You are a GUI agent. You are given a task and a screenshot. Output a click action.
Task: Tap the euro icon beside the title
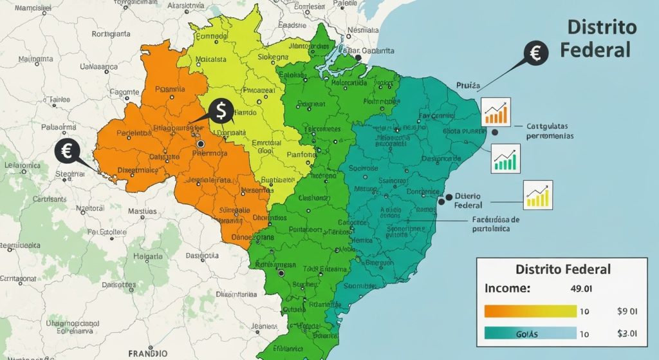pos(535,53)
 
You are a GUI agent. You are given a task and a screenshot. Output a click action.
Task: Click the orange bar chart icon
pos(496,112)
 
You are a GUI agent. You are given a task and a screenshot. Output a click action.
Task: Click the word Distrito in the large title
pos(602,28)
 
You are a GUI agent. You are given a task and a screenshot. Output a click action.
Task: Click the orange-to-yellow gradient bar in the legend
pos(529,311)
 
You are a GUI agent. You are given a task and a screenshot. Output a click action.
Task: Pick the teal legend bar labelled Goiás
pos(529,334)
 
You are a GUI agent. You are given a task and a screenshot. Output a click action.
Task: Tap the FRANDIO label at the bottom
pos(148,354)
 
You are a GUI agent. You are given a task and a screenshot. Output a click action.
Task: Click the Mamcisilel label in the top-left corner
pos(34,8)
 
